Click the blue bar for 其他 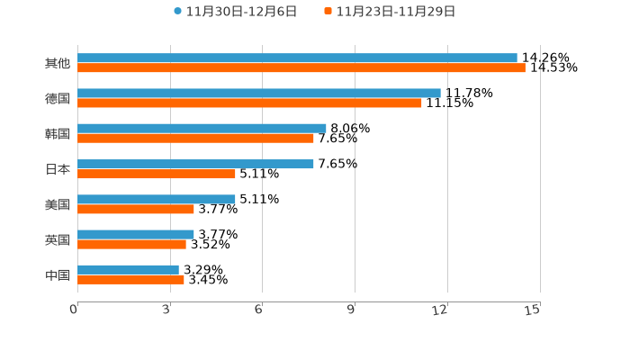click(x=297, y=58)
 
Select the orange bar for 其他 click(x=301, y=68)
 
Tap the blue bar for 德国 click(x=259, y=93)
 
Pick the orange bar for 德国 click(x=249, y=103)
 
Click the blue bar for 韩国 click(x=202, y=129)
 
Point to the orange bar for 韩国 click(x=195, y=139)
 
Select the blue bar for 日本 click(x=195, y=164)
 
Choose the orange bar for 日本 click(x=157, y=174)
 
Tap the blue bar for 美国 click(x=157, y=199)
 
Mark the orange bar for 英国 click(x=131, y=244)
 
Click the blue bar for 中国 click(x=128, y=269)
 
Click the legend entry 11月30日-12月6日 click(x=235, y=12)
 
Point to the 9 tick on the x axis click(x=352, y=310)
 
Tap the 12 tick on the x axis click(x=440, y=310)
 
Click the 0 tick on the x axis click(x=74, y=310)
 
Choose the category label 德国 click(x=58, y=98)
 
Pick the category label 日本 click(x=58, y=169)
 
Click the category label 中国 click(x=58, y=274)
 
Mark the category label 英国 click(x=58, y=239)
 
